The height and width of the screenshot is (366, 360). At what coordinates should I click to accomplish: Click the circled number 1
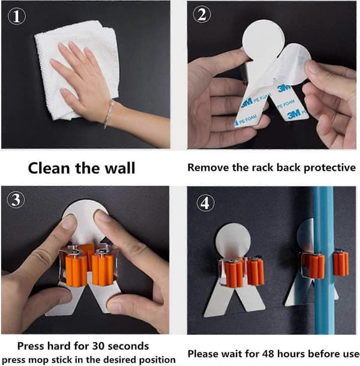coord(17,16)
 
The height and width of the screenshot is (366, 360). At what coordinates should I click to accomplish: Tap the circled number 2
coord(202,14)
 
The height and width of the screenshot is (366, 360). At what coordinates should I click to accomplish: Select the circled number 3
coord(16,200)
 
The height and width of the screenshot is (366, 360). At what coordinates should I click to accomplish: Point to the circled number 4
coord(205,203)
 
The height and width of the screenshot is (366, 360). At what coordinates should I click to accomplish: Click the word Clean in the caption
coord(49,168)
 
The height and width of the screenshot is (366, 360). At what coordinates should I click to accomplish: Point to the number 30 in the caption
coord(99,346)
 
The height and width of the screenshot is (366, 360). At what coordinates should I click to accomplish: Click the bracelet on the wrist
coord(109,113)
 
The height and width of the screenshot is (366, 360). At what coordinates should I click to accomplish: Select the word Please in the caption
coord(203,354)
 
